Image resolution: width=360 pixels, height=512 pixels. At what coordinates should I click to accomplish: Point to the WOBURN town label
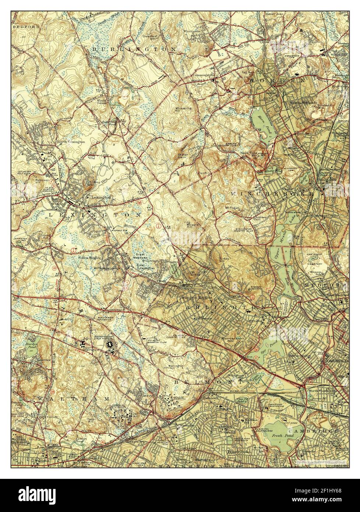283,80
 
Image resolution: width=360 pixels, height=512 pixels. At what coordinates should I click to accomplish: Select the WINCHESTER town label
272,193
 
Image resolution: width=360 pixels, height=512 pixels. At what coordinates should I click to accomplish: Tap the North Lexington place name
71,141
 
